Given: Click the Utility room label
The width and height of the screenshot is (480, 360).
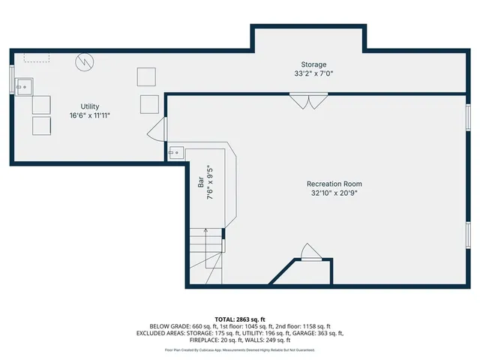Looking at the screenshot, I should point(90,106).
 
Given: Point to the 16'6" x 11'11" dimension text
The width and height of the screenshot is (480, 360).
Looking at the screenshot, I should point(90,115).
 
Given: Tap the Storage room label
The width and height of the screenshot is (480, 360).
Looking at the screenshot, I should point(313,64).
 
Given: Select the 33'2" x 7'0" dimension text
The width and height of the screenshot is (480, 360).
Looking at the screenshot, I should point(313,73).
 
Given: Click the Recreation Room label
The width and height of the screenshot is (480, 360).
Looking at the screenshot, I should point(334,184).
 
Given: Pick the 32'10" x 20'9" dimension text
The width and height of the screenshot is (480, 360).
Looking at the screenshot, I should point(334,193).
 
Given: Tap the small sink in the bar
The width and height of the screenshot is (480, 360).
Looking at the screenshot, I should point(175,152).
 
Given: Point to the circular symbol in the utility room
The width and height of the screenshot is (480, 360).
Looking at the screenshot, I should point(86,61).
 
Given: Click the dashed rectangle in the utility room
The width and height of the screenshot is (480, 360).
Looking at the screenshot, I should point(36,57).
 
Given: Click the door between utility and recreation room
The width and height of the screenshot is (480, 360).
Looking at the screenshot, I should point(155,129).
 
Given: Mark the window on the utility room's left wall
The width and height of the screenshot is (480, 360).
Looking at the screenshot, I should point(12,79).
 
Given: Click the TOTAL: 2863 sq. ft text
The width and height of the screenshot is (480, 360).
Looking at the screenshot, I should point(240,319).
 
